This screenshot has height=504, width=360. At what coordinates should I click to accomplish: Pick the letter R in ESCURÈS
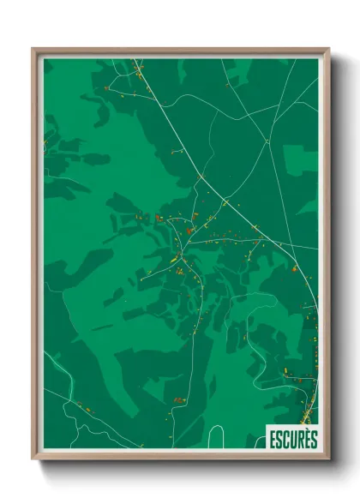(x=300, y=438)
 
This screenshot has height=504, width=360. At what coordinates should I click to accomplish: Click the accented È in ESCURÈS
(x=307, y=437)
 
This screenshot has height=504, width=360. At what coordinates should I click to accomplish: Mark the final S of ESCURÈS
(x=313, y=438)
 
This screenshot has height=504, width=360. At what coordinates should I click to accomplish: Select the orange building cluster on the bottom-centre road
(x=178, y=399)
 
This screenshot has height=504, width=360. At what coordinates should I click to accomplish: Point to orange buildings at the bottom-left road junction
(x=82, y=405)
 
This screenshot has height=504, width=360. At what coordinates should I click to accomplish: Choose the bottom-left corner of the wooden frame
(x=33, y=459)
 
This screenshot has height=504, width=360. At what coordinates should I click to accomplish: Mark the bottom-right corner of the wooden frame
(x=327, y=459)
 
